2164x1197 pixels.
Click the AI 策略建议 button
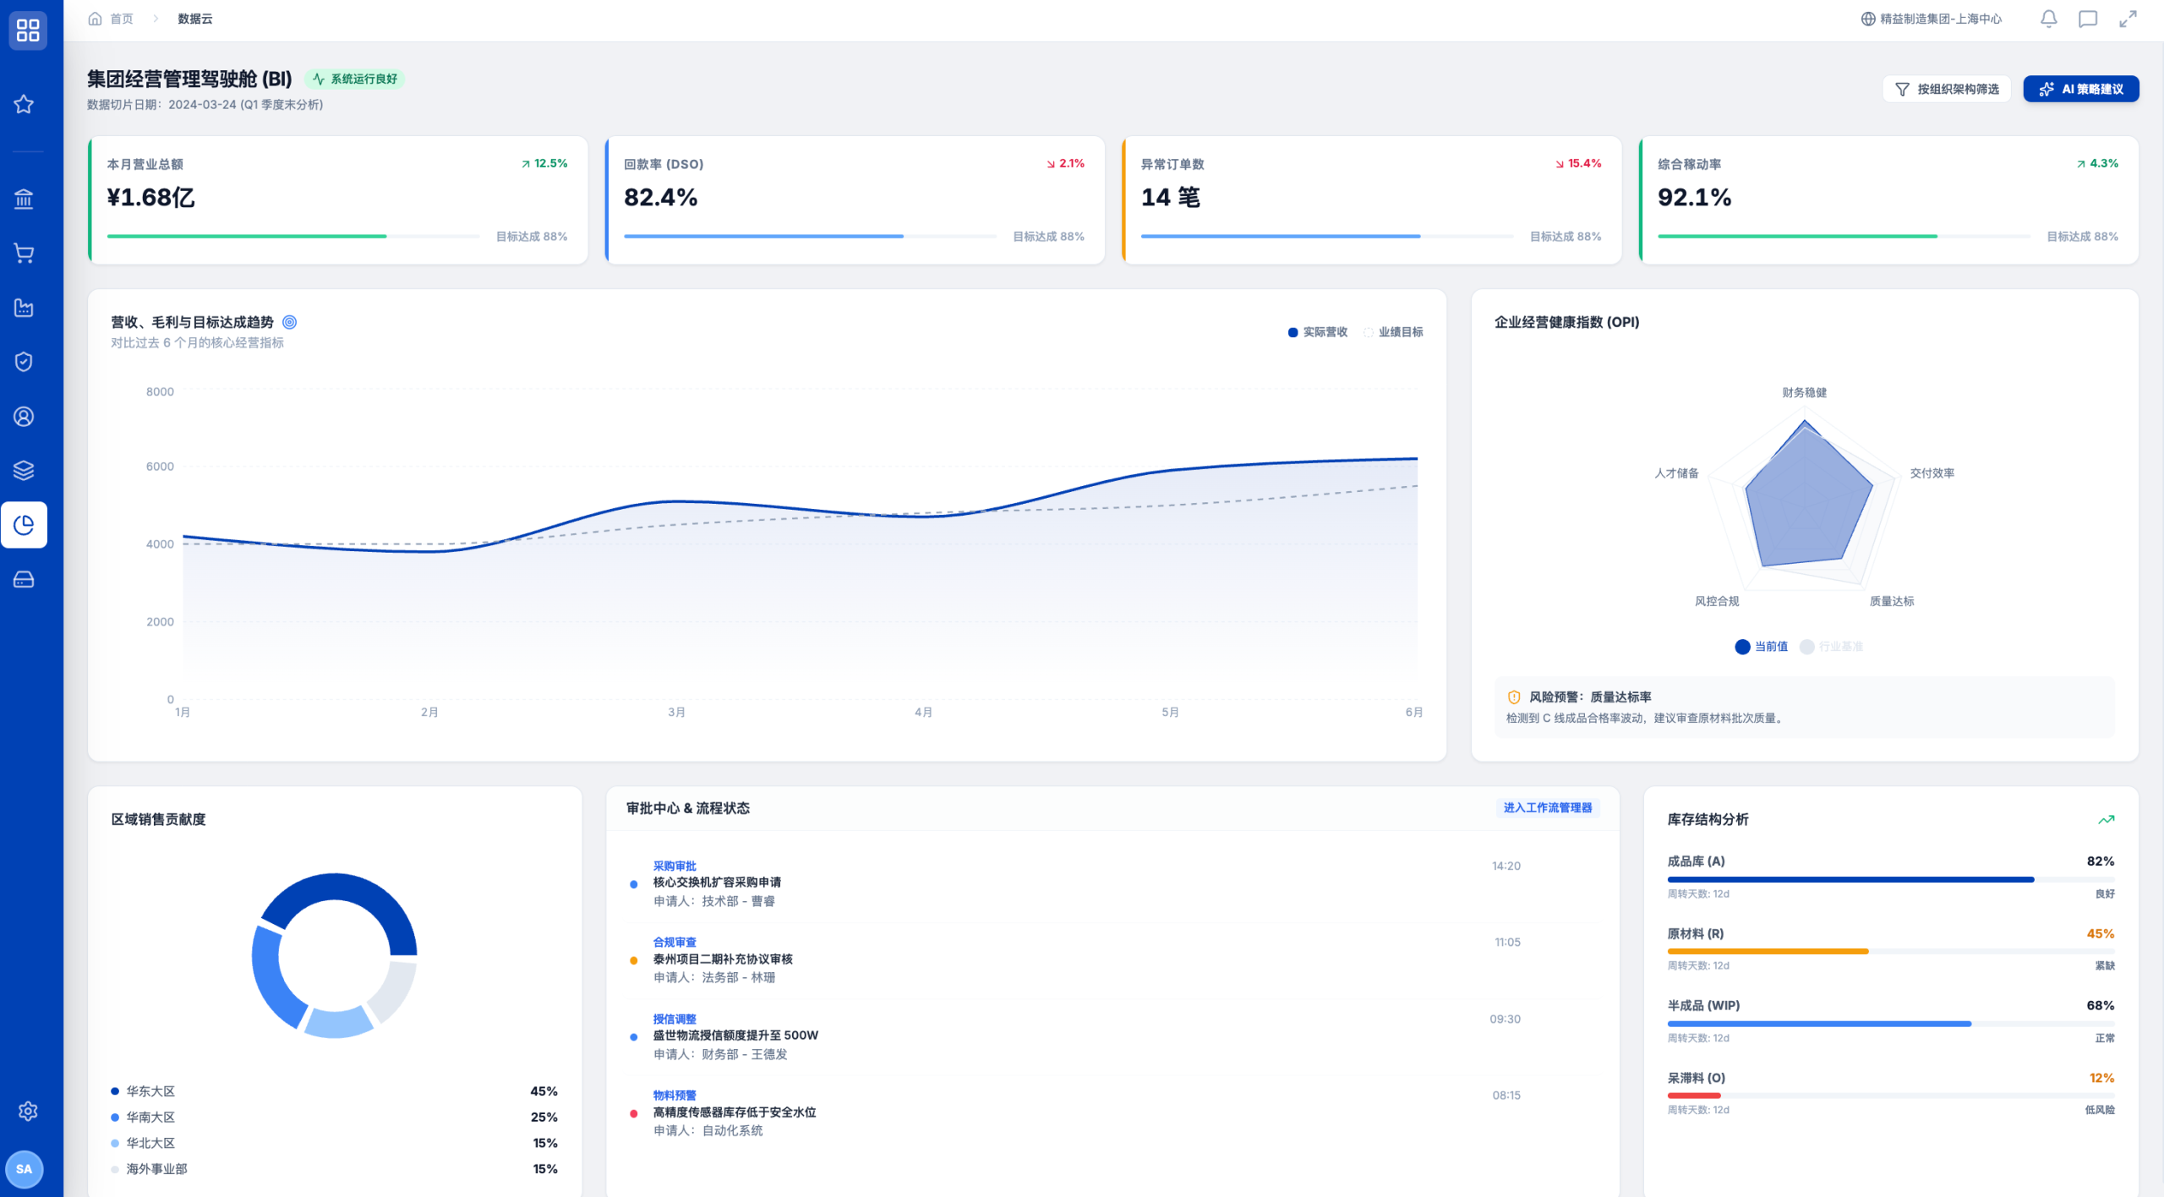(x=2080, y=89)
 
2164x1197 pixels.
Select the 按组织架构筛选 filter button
(x=1946, y=89)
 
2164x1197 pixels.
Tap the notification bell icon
(x=2048, y=19)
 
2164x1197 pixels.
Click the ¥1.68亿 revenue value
(x=150, y=197)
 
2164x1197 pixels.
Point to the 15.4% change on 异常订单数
(x=1578, y=163)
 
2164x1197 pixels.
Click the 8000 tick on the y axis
(x=160, y=391)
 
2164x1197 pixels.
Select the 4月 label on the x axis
(x=923, y=712)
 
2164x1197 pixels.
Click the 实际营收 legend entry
(x=1317, y=332)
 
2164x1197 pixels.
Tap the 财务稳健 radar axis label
(x=1804, y=392)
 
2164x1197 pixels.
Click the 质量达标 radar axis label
(x=1891, y=601)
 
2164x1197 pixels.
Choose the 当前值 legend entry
(x=1761, y=647)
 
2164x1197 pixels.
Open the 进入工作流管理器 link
(x=1547, y=807)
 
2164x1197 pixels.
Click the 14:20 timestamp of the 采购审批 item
(x=1506, y=866)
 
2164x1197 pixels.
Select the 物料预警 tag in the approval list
(x=675, y=1095)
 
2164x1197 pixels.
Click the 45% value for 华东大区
(x=544, y=1091)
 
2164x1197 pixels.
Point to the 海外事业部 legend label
(x=156, y=1168)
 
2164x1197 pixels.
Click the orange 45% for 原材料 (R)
(x=2100, y=933)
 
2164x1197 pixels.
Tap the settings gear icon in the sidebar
(x=28, y=1111)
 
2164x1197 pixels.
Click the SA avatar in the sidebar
(x=24, y=1169)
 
